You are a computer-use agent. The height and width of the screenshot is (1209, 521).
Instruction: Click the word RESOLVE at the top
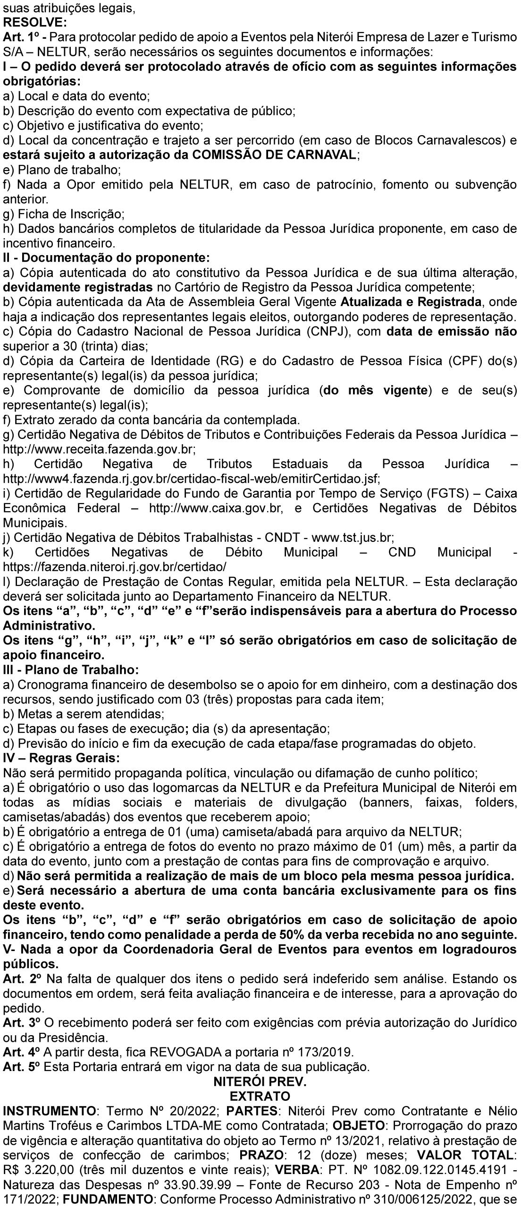coord(35,22)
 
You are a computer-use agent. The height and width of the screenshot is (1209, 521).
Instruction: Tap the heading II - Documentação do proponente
coord(106,258)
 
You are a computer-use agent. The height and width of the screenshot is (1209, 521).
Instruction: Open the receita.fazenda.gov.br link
coord(99,449)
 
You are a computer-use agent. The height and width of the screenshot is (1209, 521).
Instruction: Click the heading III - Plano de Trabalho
coord(71,670)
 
